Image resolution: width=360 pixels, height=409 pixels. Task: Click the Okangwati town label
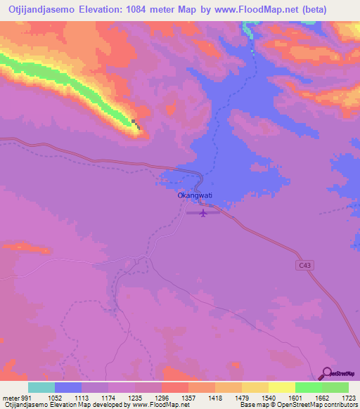(x=195, y=195)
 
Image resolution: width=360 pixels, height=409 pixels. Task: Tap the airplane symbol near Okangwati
(x=203, y=212)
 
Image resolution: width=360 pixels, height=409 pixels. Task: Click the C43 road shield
(x=302, y=265)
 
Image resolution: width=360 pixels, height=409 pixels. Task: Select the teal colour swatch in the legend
(x=41, y=387)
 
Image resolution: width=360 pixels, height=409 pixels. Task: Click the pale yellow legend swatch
(x=282, y=387)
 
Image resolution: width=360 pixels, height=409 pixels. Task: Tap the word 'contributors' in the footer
(x=340, y=405)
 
